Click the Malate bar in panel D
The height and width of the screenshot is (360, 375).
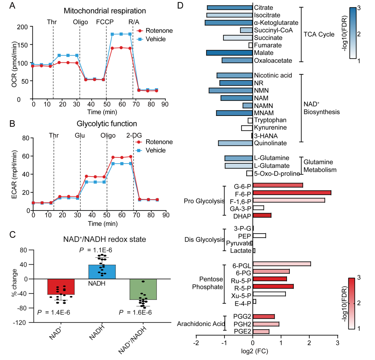[x=229, y=53]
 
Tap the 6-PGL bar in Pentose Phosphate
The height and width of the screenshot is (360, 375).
[x=282, y=264]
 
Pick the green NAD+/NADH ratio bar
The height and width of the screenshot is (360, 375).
[x=143, y=289]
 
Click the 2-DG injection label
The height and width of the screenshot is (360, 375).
[x=134, y=135]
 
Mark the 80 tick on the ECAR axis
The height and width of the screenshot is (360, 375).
[x=25, y=138]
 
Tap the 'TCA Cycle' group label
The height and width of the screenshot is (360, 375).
[x=319, y=34]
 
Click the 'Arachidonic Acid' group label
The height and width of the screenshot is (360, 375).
[x=199, y=324]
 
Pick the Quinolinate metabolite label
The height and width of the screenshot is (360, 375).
[x=270, y=143]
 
